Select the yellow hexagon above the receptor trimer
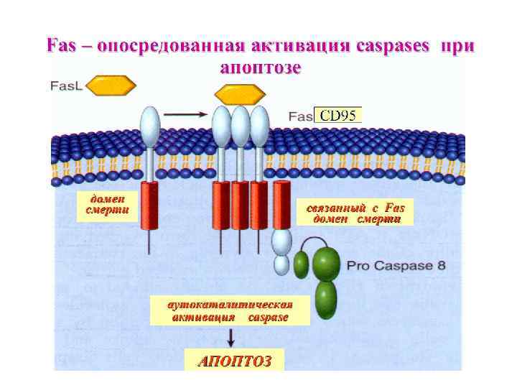[241, 93]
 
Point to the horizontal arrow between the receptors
[186, 114]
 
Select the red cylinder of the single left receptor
[149, 205]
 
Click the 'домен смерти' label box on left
[106, 204]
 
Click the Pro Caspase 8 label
[396, 265]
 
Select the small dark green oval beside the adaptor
[301, 265]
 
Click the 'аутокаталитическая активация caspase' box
[230, 310]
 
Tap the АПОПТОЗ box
[234, 361]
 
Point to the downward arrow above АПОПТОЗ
[230, 337]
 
